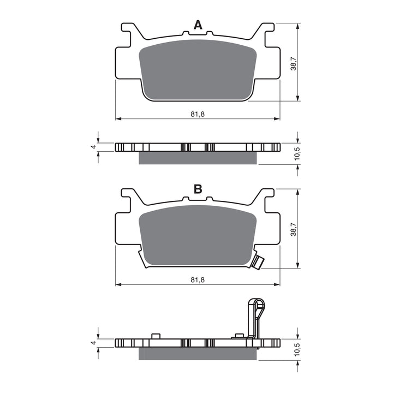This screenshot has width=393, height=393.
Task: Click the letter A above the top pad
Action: click(198, 24)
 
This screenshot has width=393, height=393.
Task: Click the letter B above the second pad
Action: click(198, 189)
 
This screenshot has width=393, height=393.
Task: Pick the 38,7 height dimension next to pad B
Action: click(293, 229)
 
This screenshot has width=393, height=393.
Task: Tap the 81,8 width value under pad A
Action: click(197, 114)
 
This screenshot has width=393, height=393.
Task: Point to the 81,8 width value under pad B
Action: click(197, 279)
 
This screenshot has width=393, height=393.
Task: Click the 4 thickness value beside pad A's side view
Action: click(93, 147)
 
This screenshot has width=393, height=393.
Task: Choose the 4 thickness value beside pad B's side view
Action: click(93, 343)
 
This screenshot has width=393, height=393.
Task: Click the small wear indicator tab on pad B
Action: click(259, 261)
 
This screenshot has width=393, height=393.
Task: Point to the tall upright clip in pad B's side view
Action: click(257, 319)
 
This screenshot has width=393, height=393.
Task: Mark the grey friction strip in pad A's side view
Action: click(197, 158)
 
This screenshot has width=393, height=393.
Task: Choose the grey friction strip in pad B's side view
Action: click(197, 354)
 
